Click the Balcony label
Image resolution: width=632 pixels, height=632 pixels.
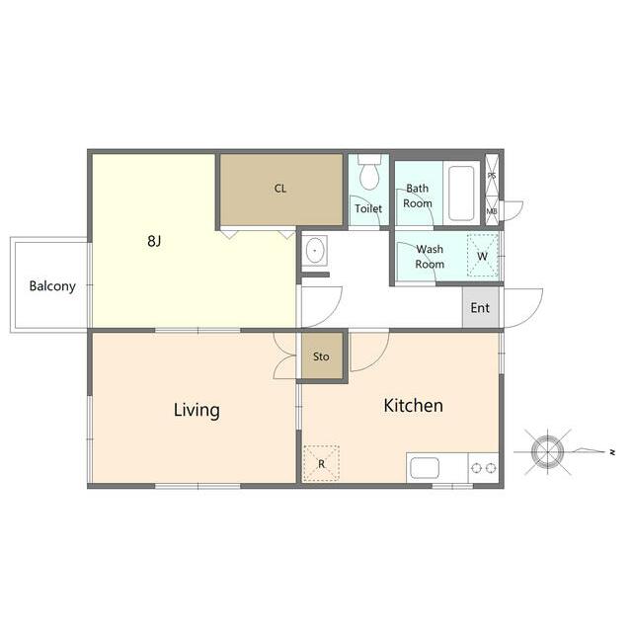pyautogui.click(x=52, y=286)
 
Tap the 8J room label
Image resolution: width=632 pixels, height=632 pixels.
pyautogui.click(x=154, y=241)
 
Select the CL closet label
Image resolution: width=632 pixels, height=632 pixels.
pyautogui.click(x=280, y=189)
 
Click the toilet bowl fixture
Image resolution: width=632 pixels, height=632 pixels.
pyautogui.click(x=369, y=173)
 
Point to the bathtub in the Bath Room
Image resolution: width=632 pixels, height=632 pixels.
pyautogui.click(x=461, y=194)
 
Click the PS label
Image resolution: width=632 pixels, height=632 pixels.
pyautogui.click(x=492, y=176)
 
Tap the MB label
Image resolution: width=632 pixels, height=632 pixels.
pyautogui.click(x=492, y=211)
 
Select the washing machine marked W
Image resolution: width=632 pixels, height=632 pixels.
pyautogui.click(x=483, y=256)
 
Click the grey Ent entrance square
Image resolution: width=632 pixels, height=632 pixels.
pyautogui.click(x=481, y=307)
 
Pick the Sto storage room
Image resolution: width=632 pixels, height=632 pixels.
pyautogui.click(x=322, y=355)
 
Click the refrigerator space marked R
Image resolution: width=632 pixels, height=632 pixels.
pyautogui.click(x=321, y=463)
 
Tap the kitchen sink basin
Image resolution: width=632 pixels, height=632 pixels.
pyautogui.click(x=425, y=468)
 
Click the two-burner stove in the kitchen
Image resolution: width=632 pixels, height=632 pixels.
pyautogui.click(x=483, y=468)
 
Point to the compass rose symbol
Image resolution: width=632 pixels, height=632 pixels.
pyautogui.click(x=547, y=452)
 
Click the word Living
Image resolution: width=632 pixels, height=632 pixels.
pyautogui.click(x=197, y=411)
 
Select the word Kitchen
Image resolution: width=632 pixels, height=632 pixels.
pyautogui.click(x=413, y=406)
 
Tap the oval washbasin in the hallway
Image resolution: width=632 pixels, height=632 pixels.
pyautogui.click(x=314, y=251)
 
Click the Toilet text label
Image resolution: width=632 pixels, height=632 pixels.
pyautogui.click(x=368, y=208)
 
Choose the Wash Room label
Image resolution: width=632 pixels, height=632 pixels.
pyautogui.click(x=430, y=257)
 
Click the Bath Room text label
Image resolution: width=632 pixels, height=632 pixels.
pyautogui.click(x=418, y=196)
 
